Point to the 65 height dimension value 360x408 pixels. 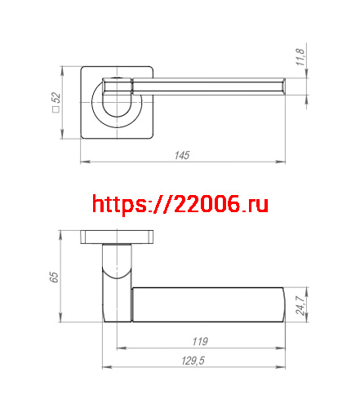(x=54, y=277)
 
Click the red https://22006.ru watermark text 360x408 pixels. (x=180, y=204)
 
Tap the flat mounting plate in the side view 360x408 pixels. (x=118, y=237)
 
